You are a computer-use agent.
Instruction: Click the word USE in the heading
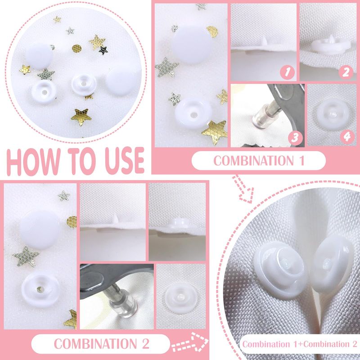(x=125, y=161)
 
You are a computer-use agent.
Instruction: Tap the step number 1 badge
(x=287, y=72)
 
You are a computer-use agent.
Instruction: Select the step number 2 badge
(x=346, y=72)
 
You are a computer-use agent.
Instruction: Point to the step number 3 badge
(x=295, y=138)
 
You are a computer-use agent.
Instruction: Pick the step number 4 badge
(x=347, y=137)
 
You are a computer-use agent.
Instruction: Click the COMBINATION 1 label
(x=259, y=161)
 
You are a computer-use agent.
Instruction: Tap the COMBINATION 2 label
(x=102, y=344)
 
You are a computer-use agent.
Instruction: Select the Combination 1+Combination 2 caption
(x=300, y=344)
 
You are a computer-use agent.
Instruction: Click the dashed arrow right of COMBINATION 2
(x=190, y=342)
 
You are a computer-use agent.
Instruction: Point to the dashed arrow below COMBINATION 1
(x=243, y=189)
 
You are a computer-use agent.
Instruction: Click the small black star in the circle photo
(x=103, y=50)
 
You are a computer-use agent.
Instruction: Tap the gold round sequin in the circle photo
(x=76, y=49)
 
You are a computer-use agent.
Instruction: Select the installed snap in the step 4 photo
(x=333, y=114)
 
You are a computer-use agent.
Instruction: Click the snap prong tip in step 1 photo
(x=265, y=40)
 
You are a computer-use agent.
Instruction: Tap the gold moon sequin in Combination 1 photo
(x=212, y=31)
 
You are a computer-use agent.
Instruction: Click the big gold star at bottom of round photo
(x=81, y=117)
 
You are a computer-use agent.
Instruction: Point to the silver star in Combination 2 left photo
(x=25, y=256)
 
